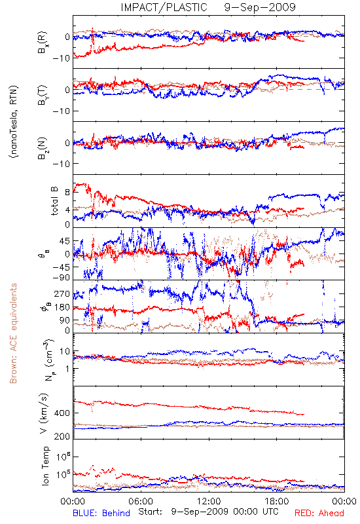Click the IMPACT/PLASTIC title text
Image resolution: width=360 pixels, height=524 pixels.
(164, 7)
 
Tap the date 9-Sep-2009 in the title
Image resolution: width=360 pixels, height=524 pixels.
(260, 7)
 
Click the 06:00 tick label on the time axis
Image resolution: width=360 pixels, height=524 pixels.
(141, 501)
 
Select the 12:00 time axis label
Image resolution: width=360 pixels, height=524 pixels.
(209, 501)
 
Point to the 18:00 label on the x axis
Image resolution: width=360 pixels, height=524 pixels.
(276, 501)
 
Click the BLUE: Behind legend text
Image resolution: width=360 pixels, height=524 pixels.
(101, 513)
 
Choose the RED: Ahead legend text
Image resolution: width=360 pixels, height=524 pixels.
(319, 513)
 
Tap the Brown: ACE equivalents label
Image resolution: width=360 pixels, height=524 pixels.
(13, 333)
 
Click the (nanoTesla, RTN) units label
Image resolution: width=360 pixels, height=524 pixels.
(14, 121)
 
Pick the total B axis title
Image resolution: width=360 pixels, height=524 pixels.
(54, 201)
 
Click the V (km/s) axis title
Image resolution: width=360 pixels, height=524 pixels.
(44, 413)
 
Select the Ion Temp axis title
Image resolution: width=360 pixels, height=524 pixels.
(45, 466)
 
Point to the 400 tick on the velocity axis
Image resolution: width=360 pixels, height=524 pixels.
(62, 413)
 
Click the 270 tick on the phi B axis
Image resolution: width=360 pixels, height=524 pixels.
(62, 293)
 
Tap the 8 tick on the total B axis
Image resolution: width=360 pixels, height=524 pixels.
(67, 193)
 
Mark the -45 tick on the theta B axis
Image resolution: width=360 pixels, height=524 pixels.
(60, 267)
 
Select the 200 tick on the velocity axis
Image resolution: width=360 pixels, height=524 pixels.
(62, 436)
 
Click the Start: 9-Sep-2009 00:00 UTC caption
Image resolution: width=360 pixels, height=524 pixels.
(208, 512)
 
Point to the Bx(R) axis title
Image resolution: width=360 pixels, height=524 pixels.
(43, 43)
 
